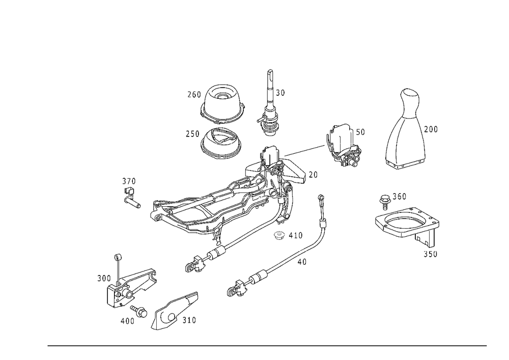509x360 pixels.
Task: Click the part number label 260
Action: [x=194, y=95]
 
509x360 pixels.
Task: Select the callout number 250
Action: [x=192, y=134]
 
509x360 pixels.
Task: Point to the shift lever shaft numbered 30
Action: [x=270, y=103]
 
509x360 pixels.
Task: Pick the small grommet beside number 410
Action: [x=279, y=235]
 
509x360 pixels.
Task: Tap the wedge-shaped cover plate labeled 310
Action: [x=174, y=311]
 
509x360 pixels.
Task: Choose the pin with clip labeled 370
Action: [x=131, y=198]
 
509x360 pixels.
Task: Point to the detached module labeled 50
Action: [x=343, y=145]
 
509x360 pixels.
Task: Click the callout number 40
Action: [x=302, y=262]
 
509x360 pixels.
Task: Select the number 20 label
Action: [x=313, y=175]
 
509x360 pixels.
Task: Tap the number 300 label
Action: [x=104, y=278]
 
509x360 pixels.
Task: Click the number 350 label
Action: [x=430, y=254]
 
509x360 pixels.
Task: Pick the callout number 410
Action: [x=295, y=235]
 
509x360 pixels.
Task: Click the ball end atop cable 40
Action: [x=321, y=197]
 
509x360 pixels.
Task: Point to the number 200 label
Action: [x=431, y=129]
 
